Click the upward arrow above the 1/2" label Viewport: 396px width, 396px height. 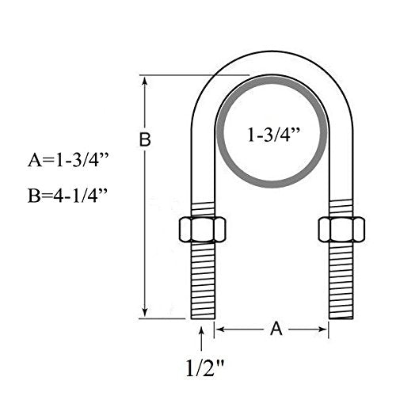(x=204, y=339)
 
